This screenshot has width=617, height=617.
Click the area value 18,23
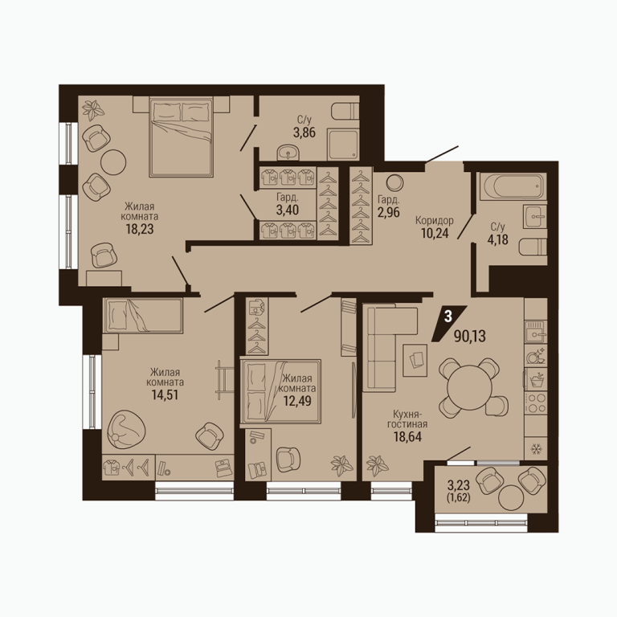(140, 229)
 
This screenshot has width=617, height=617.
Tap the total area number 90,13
(470, 337)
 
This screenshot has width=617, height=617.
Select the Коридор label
(435, 220)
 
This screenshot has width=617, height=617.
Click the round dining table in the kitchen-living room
(469, 387)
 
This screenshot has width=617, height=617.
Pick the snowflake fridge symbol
(536, 448)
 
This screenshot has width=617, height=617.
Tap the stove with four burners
(535, 402)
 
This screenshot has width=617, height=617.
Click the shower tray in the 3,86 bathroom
(343, 145)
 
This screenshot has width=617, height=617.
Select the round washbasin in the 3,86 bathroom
(288, 153)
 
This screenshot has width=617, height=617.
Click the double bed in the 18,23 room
(181, 137)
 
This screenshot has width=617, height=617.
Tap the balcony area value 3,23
(459, 483)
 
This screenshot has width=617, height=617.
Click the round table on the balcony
(511, 497)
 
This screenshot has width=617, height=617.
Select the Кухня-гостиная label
(407, 419)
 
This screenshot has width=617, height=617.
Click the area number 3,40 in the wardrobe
(288, 210)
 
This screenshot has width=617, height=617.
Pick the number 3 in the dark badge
(447, 317)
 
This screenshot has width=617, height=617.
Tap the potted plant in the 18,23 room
(93, 110)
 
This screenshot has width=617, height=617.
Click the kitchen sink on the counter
(536, 332)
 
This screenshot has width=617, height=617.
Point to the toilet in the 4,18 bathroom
(533, 248)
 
